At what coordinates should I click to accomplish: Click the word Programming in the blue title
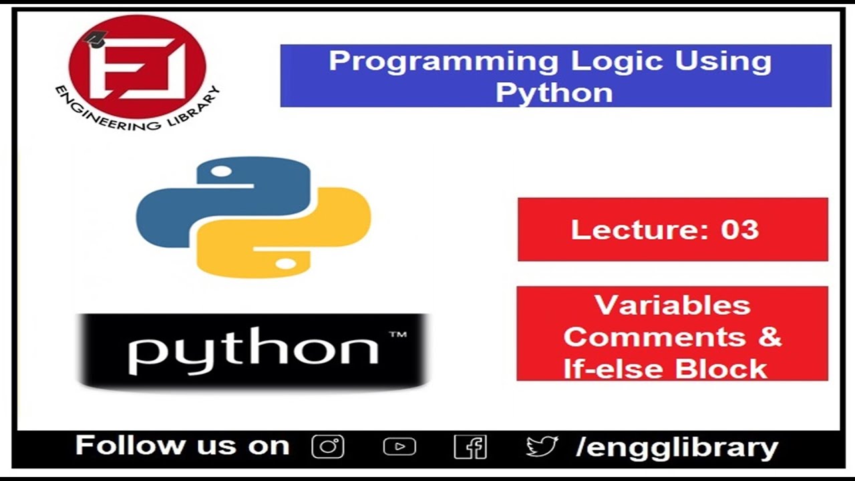(x=442, y=62)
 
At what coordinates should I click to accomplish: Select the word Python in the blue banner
(x=554, y=92)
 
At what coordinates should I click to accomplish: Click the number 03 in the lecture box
(x=739, y=230)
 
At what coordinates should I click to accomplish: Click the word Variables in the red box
(x=672, y=305)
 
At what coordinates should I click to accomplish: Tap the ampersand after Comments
(x=769, y=336)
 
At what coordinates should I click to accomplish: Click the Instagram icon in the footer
(x=328, y=446)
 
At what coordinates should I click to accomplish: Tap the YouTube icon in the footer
(x=399, y=446)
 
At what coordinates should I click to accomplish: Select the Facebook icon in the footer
(x=470, y=446)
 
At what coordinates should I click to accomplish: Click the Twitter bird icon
(x=541, y=446)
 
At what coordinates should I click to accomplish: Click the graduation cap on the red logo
(x=96, y=39)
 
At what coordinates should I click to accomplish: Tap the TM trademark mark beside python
(x=397, y=335)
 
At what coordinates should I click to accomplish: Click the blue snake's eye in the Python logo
(x=221, y=172)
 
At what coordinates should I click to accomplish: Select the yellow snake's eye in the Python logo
(x=285, y=264)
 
